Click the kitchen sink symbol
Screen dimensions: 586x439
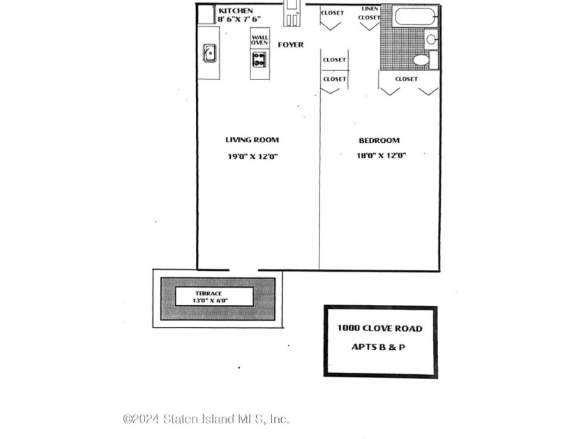point(210,53)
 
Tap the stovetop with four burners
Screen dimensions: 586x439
point(260,60)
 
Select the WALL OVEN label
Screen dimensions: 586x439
point(260,40)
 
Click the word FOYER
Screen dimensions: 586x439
point(291,45)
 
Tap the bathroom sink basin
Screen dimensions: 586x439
point(431,39)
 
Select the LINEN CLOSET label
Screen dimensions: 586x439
point(369,13)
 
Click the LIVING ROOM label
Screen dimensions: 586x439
point(253,140)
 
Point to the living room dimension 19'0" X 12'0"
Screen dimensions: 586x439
point(253,156)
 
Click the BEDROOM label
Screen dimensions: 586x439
point(380,140)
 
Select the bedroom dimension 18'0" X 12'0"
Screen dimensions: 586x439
point(381,155)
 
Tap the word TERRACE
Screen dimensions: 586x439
point(209,293)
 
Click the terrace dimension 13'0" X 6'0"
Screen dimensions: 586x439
point(211,300)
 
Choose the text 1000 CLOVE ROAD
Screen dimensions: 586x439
point(380,328)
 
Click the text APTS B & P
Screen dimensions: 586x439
point(378,347)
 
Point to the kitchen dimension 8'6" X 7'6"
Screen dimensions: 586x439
point(239,20)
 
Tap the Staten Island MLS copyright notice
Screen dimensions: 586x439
point(206,419)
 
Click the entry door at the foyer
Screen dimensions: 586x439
point(292,13)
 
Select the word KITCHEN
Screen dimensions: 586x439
point(236,11)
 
